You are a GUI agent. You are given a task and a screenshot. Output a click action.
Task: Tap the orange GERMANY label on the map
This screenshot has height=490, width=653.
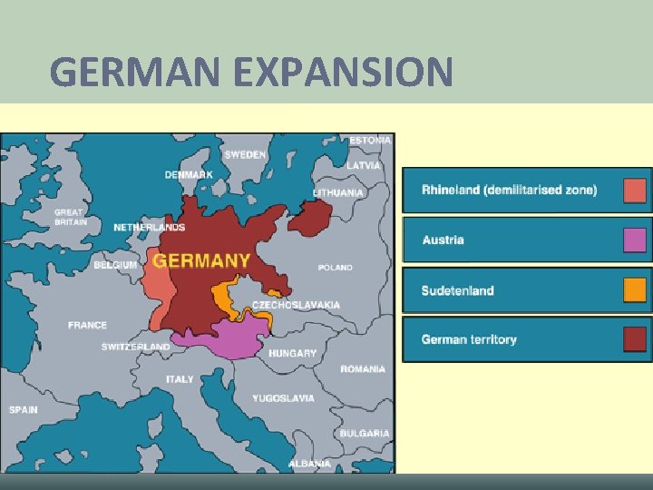[201, 260]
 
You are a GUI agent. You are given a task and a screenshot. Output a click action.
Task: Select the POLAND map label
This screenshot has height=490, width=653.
[336, 268]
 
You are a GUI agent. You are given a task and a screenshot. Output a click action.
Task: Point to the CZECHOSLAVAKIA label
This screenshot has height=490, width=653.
[296, 305]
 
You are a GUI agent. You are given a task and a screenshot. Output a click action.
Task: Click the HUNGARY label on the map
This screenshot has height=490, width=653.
[293, 353]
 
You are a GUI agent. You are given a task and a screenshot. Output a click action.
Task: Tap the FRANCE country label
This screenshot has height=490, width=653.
[87, 325]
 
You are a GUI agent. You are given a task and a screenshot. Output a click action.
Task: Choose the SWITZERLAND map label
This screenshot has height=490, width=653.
[135, 347]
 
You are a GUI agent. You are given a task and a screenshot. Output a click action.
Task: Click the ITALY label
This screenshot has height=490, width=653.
[180, 379]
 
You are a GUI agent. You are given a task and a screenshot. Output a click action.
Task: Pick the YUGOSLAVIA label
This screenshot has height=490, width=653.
[284, 398]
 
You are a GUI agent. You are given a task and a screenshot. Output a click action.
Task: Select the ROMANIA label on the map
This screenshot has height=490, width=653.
[363, 369]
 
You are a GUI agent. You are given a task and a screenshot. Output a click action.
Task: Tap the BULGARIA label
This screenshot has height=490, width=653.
[365, 434]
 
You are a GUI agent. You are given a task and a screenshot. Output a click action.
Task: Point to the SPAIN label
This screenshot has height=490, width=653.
[24, 409]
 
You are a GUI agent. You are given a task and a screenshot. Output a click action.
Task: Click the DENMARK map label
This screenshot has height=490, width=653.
[189, 174]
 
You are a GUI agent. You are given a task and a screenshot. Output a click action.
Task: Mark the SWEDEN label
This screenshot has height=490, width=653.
[246, 154]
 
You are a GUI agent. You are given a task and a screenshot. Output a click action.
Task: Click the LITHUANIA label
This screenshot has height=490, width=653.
[338, 192]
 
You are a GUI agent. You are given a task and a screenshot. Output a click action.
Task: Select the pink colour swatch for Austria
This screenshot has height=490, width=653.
[635, 240]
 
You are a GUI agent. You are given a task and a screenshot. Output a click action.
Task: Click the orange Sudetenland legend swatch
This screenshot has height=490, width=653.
[635, 290]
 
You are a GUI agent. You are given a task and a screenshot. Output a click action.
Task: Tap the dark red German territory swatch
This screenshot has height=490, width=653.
[635, 339]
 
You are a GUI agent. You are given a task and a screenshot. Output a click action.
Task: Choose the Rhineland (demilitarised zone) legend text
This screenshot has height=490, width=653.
[509, 190]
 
